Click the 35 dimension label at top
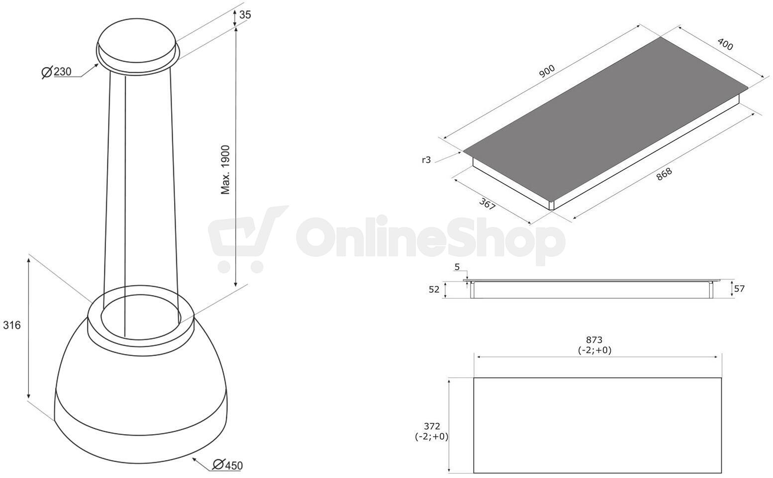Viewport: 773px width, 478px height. (x=245, y=15)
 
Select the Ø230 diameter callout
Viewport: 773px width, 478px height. (x=56, y=72)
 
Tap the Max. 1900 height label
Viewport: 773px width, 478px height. (x=225, y=170)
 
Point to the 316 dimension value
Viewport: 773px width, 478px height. (x=12, y=325)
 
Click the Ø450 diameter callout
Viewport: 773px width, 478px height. (x=227, y=465)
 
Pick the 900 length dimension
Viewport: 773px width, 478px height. (x=547, y=71)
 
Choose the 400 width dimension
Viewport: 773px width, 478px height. (x=725, y=44)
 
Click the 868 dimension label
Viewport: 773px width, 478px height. (x=664, y=174)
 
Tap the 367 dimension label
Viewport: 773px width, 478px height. (x=487, y=204)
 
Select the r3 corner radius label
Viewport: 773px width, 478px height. (x=426, y=160)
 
